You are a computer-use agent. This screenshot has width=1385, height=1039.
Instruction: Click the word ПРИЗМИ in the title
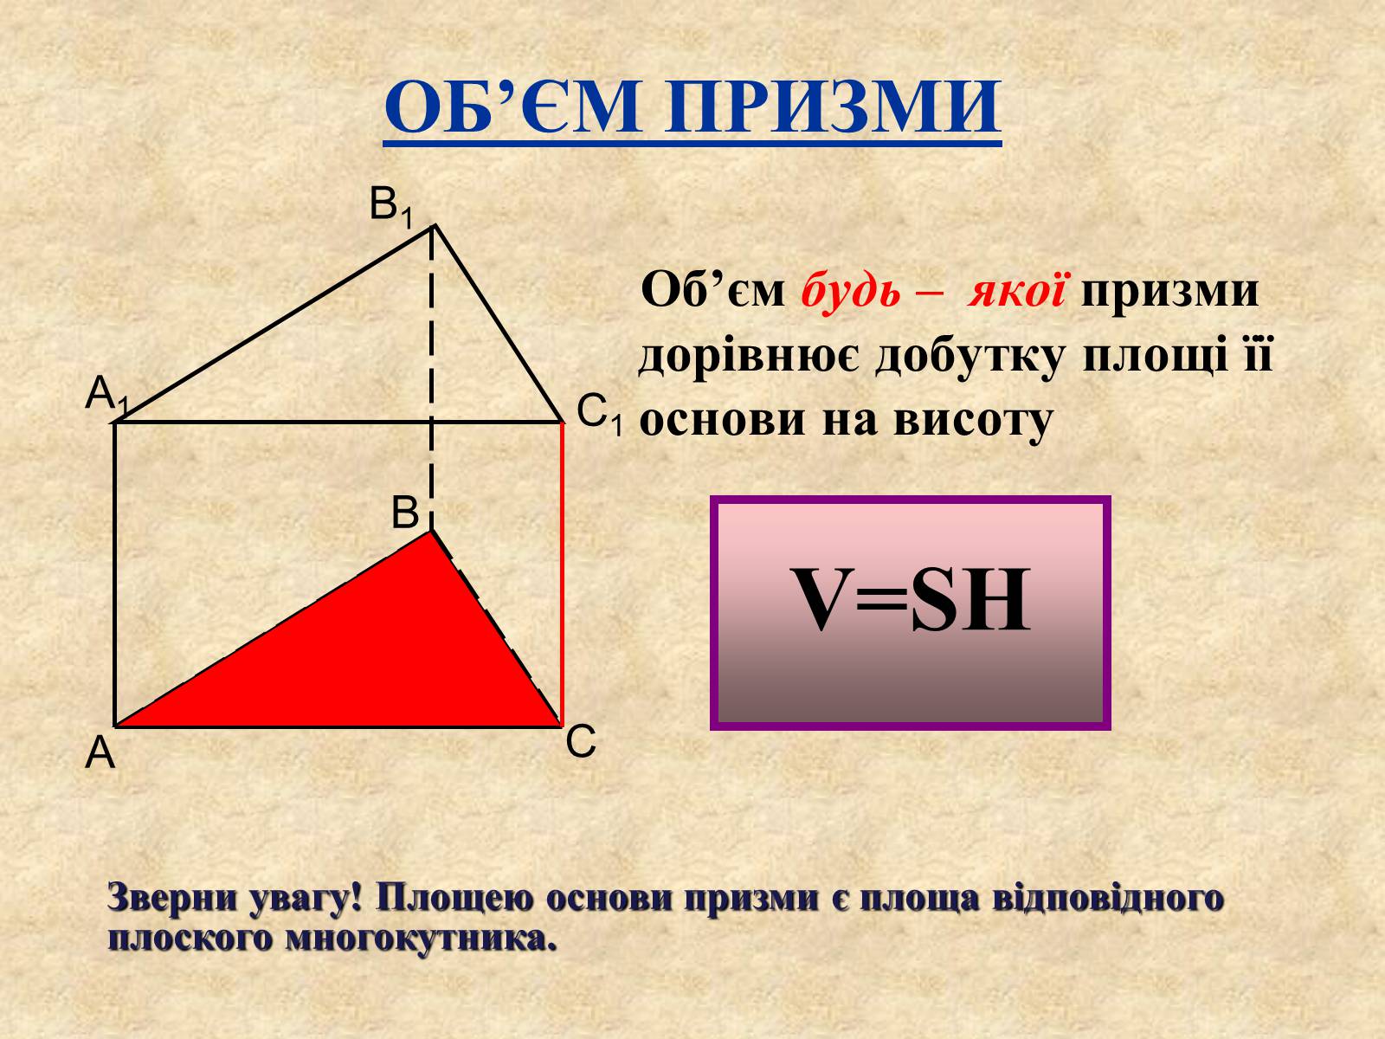(832, 106)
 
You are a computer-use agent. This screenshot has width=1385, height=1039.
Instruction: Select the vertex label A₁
(106, 395)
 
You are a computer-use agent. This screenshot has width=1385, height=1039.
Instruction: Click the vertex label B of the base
(405, 513)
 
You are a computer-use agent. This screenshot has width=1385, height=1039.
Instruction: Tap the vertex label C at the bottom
(581, 741)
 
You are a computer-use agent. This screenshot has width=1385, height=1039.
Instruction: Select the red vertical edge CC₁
(562, 573)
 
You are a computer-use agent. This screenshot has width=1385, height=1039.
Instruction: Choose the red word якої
(1016, 290)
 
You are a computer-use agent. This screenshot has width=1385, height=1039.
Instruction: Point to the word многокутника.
(422, 939)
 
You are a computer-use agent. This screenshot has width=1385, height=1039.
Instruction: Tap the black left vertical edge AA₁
(114, 574)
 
